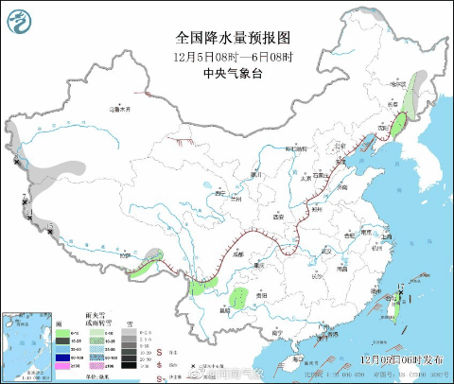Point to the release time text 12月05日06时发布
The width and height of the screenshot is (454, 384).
coord(401,360)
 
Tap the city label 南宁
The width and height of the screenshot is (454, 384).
coord(275,332)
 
